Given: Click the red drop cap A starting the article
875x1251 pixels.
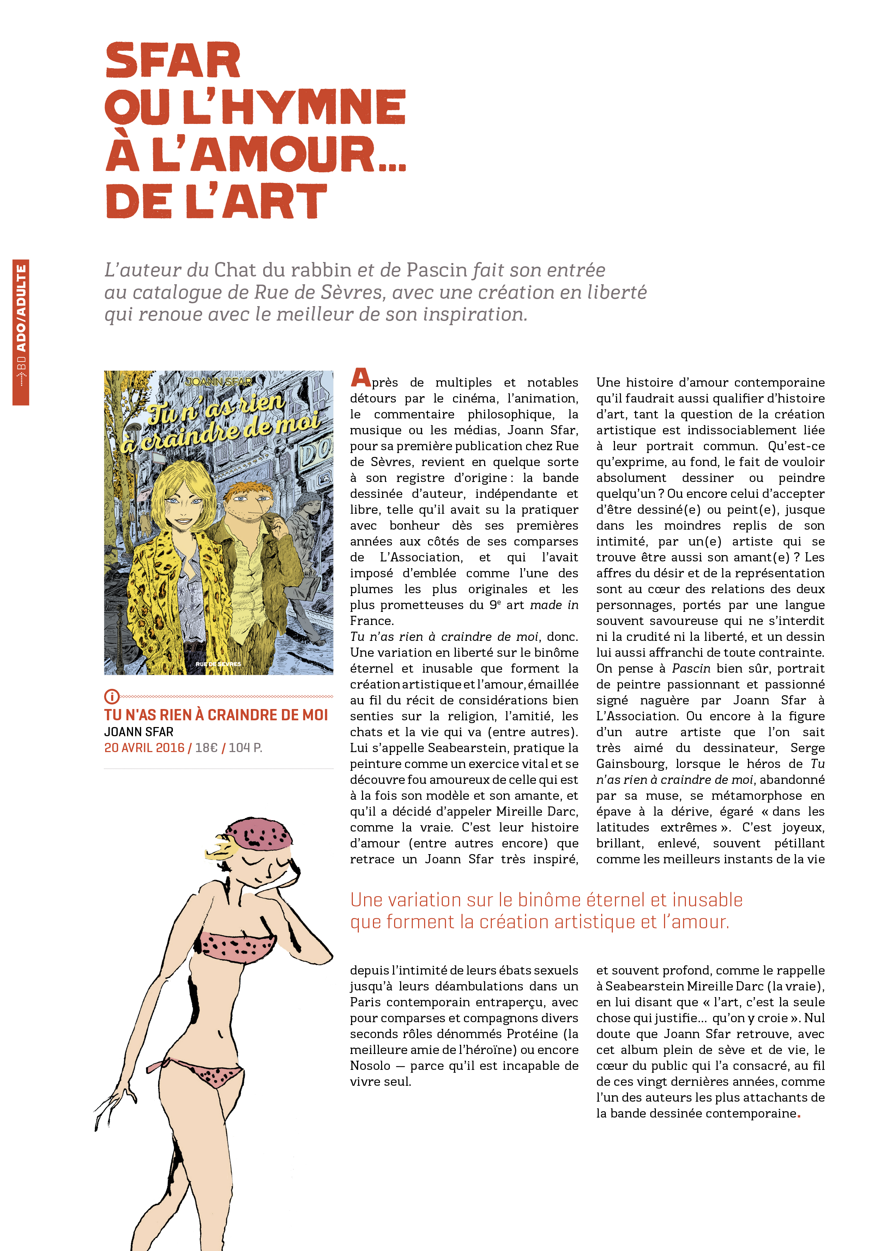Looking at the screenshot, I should click(361, 377).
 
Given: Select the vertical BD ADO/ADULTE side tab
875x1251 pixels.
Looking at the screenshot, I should click(21, 332).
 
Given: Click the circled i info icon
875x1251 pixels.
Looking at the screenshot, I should click(111, 696).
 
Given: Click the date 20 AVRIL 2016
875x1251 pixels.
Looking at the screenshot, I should click(144, 747).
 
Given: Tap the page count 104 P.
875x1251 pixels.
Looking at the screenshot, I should click(245, 747).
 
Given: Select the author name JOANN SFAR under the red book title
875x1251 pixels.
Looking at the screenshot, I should click(139, 732).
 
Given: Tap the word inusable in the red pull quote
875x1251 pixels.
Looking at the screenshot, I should click(707, 900).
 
